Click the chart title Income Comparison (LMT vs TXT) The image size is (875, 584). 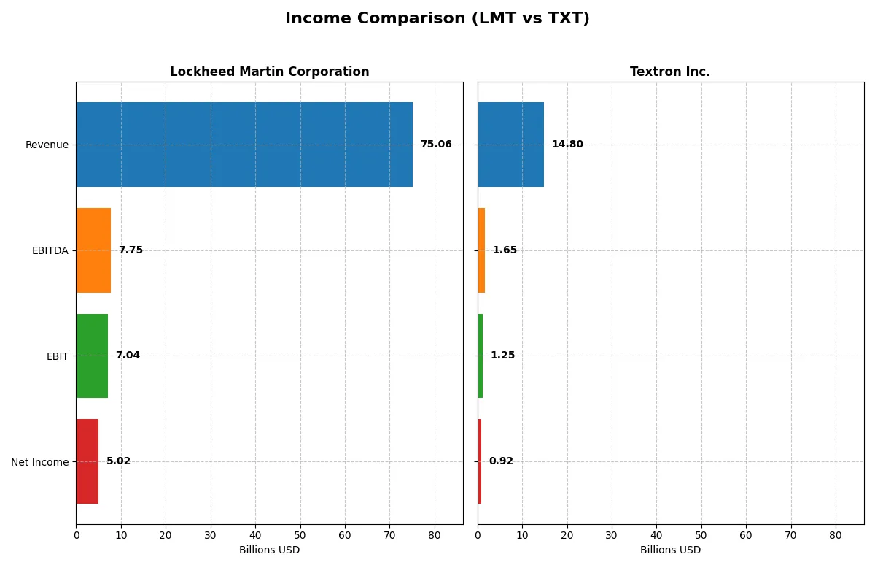click(437, 19)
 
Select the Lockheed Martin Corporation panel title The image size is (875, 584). click(269, 72)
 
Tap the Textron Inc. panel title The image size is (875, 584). click(670, 72)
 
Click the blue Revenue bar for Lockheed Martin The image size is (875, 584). click(244, 145)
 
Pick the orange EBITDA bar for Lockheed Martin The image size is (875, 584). click(93, 250)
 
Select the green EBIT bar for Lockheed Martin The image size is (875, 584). click(92, 356)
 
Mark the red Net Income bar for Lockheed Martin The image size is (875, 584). click(87, 461)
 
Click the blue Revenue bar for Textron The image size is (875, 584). click(510, 145)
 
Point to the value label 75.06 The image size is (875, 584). click(436, 145)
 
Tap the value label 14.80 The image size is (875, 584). click(567, 145)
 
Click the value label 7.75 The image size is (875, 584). click(131, 250)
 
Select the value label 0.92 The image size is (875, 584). click(501, 461)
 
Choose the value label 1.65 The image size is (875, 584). click(505, 250)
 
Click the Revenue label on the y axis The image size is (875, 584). click(47, 145)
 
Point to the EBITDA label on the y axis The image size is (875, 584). click(50, 250)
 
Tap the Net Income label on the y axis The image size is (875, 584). click(40, 462)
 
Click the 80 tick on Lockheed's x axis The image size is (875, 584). click(435, 535)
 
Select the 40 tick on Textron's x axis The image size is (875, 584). click(656, 535)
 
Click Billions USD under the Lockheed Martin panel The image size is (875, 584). click(269, 550)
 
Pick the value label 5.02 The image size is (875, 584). click(118, 461)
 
